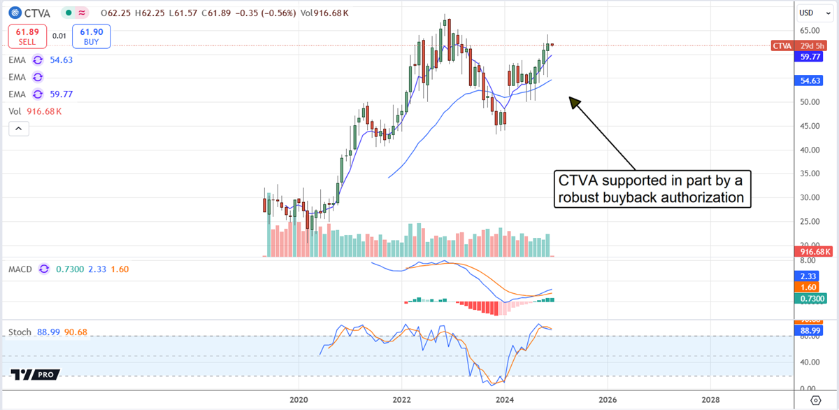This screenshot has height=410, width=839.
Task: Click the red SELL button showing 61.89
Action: tap(27, 36)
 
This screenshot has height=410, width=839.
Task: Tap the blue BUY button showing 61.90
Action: tap(96, 36)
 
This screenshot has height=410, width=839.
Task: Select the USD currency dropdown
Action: tap(808, 13)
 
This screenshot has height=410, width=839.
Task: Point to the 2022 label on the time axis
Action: tap(402, 400)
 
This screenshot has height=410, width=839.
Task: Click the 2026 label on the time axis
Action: tap(608, 400)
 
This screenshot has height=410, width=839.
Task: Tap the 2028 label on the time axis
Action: tap(710, 400)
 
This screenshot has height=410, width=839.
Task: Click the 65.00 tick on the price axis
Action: tap(810, 30)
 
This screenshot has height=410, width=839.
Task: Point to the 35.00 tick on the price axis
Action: tap(810, 173)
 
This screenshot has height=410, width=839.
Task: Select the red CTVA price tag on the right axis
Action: tap(782, 46)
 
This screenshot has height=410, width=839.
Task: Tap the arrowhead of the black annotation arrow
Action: tap(574, 102)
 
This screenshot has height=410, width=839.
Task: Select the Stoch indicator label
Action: tap(20, 332)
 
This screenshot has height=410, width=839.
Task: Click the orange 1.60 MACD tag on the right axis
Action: tap(808, 287)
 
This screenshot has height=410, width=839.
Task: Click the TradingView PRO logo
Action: tap(34, 375)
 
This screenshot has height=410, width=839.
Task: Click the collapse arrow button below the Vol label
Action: tap(19, 129)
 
